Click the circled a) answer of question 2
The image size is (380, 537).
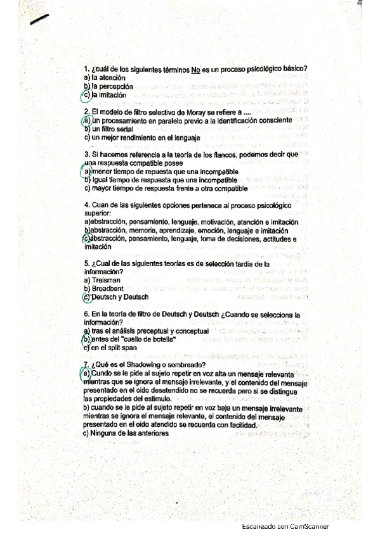tap(87, 120)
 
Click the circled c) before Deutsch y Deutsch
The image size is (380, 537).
tap(87, 297)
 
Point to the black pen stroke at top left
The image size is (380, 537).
tap(39, 20)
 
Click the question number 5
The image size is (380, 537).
tap(86, 264)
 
